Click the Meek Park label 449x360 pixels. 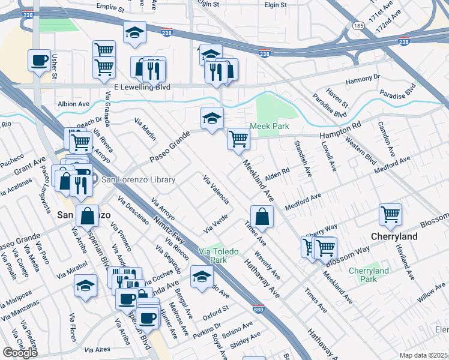pyautogui.click(x=270, y=126)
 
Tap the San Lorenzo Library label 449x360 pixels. pyautogui.click(x=138, y=179)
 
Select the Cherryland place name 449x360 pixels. pyautogui.click(x=394, y=236)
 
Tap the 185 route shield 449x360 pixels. pyautogui.click(x=359, y=26)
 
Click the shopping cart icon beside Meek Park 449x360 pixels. pyautogui.click(x=238, y=139)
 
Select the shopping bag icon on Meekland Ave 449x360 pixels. pyautogui.click(x=262, y=216)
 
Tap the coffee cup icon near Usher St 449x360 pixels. pyautogui.click(x=39, y=60)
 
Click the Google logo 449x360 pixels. pyautogui.click(x=20, y=353)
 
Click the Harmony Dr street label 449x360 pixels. pyautogui.click(x=363, y=77)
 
